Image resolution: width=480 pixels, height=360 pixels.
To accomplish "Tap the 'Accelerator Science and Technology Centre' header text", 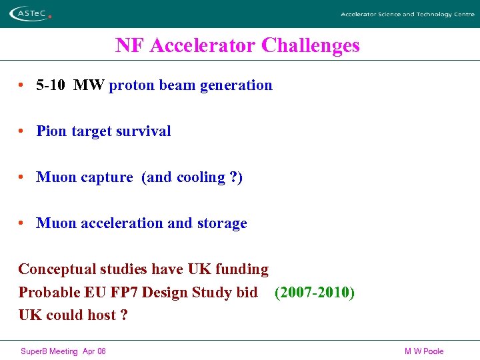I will tap(407, 14).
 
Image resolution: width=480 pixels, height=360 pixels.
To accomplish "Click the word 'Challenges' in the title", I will tap(311, 45).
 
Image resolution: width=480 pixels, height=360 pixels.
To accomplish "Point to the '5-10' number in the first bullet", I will tap(51, 85).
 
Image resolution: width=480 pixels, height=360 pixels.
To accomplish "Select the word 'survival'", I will tap(145, 131).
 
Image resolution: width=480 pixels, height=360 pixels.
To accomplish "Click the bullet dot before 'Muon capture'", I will tap(22, 177).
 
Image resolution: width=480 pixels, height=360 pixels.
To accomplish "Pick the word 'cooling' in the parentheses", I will tap(201, 177).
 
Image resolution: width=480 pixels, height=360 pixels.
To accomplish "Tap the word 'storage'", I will tap(222, 223).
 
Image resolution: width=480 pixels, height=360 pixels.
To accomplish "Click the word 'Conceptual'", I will tap(57, 269).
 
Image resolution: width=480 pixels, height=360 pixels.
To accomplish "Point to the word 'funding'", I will tap(242, 269).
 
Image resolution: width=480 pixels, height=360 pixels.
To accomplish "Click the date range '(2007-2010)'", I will tap(314, 293).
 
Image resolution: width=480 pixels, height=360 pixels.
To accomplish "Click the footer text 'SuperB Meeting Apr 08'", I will tap(63, 351).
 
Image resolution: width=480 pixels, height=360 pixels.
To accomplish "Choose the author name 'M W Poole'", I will tap(424, 351).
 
